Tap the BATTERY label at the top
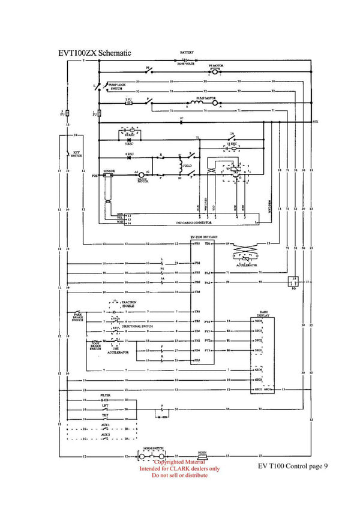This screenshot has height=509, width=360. tap(187, 53)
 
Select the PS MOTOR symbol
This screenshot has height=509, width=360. tap(215, 71)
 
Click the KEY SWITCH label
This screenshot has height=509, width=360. tap(77, 153)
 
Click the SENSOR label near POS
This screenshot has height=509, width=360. tap(109, 171)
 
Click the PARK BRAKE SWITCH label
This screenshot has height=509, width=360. tap(77, 317)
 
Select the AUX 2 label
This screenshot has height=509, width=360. tap(105, 433)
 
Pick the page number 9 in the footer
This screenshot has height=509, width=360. tap(325, 466)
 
